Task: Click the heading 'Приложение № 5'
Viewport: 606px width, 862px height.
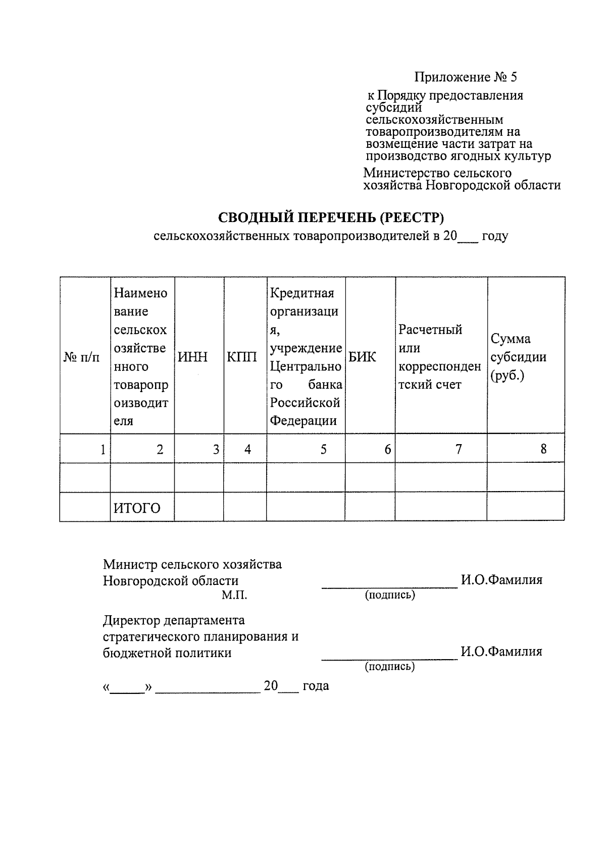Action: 465,77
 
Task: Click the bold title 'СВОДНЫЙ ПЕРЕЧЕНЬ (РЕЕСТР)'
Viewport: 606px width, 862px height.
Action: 331,218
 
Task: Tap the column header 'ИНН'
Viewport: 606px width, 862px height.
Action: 192,357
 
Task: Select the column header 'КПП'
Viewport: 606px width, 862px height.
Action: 241,357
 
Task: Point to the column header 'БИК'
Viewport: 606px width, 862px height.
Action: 362,357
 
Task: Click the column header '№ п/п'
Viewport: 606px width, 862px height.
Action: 82,357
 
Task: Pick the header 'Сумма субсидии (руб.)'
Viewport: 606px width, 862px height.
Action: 518,357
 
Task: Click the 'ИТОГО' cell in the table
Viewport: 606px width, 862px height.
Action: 137,508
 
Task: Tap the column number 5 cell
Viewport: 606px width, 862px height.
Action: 323,449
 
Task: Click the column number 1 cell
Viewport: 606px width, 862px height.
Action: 103,449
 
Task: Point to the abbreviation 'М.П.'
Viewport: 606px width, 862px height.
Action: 234,596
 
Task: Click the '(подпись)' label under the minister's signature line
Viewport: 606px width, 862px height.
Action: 390,595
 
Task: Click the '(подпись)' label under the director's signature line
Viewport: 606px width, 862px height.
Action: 390,667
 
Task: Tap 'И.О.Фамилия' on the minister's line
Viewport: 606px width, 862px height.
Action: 501,580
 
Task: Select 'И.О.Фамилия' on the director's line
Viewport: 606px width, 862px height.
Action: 501,652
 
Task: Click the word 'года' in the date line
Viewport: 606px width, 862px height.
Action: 316,686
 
